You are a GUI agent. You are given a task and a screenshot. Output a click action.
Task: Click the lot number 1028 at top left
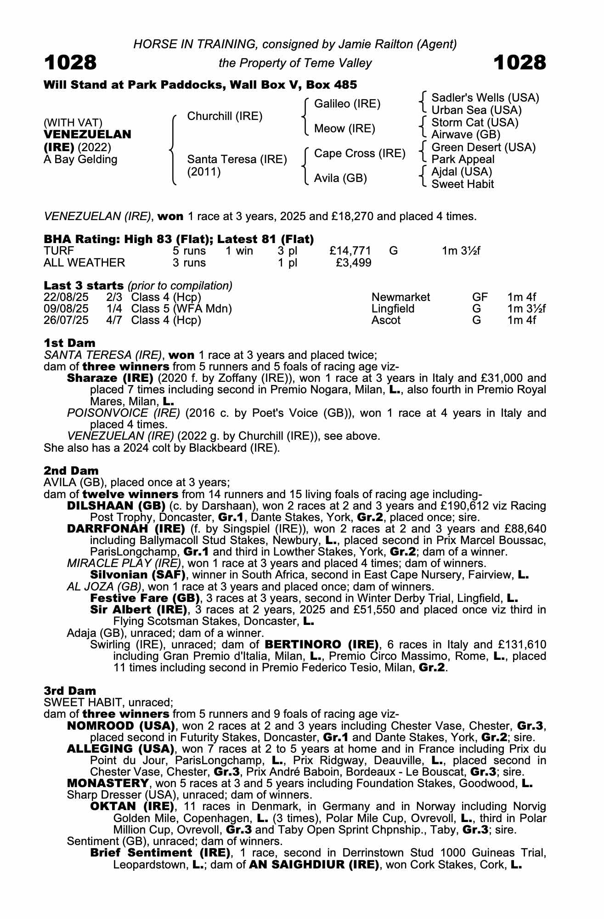click(x=70, y=62)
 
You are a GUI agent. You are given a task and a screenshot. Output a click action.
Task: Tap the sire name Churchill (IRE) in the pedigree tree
click(x=225, y=116)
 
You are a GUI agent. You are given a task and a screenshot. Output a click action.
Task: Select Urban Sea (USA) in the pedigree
click(x=476, y=110)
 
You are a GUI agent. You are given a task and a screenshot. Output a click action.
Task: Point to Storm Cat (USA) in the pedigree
click(x=474, y=123)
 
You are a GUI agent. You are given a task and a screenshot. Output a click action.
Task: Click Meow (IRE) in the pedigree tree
click(x=344, y=129)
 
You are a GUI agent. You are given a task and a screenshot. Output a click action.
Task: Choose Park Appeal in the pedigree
click(x=463, y=159)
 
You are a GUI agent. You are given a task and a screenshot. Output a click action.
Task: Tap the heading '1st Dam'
click(x=69, y=343)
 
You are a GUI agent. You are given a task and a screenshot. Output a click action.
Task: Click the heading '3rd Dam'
click(x=70, y=691)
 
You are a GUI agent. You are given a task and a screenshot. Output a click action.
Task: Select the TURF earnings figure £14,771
click(x=350, y=251)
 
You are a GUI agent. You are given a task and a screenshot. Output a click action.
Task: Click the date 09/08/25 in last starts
click(x=66, y=309)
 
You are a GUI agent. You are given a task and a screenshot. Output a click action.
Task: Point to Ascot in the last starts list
click(x=386, y=320)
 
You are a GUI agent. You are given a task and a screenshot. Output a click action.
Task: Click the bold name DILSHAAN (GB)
click(x=116, y=506)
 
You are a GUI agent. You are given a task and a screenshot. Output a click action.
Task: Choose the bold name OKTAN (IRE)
click(x=132, y=806)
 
